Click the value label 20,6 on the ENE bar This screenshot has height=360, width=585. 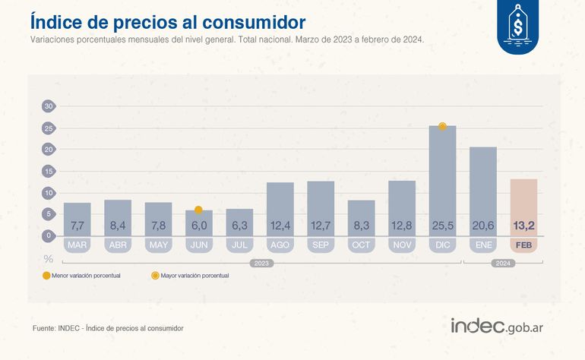click(483, 226)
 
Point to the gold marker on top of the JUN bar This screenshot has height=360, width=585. click(198, 210)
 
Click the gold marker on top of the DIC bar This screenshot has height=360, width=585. click(442, 126)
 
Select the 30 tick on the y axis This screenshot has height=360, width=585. click(48, 106)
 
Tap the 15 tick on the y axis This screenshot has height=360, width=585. click(48, 171)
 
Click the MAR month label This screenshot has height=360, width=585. click(77, 245)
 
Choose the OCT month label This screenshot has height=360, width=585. click(361, 245)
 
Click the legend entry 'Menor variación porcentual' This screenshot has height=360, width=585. click(82, 276)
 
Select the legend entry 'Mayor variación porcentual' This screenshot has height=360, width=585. click(190, 276)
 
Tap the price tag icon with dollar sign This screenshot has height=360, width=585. click(521, 28)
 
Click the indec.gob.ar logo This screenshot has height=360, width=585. click(501, 326)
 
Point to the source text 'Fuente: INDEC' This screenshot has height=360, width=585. click(107, 328)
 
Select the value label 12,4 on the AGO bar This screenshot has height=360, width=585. click(280, 226)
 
